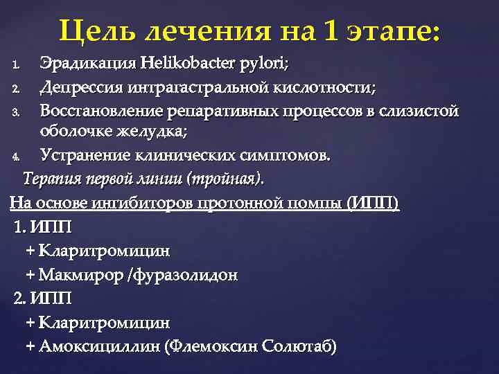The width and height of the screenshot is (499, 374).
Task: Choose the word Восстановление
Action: point(100,111)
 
